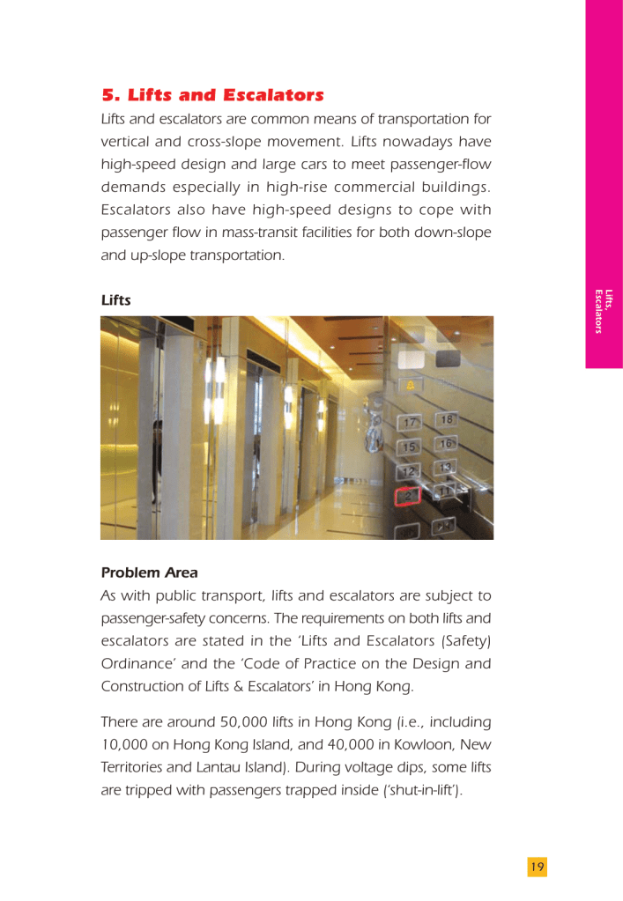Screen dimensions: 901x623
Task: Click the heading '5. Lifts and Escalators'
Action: tap(212, 94)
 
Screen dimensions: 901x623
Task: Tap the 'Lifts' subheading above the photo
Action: tap(115, 299)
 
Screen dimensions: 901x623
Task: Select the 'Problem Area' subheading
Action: tap(149, 572)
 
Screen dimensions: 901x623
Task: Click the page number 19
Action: tap(537, 867)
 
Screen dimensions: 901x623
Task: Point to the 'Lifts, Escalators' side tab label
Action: tap(604, 312)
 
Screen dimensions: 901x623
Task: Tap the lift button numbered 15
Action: tap(409, 447)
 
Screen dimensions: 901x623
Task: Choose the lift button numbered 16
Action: tap(446, 443)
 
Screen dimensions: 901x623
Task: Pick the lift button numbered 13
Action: tap(447, 467)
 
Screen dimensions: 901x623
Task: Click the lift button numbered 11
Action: tap(445, 490)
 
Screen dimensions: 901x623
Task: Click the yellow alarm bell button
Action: tap(412, 385)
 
